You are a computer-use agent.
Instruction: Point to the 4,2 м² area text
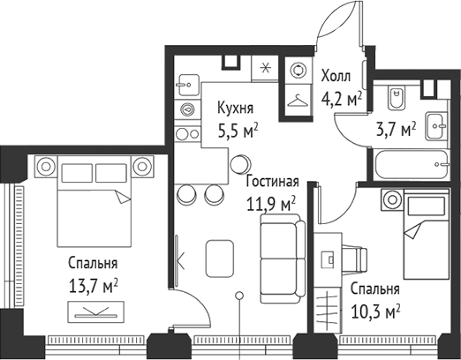(x=342, y=99)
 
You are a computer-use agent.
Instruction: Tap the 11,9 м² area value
(x=269, y=205)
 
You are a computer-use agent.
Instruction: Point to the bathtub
(x=410, y=164)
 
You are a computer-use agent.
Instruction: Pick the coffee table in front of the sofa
(x=221, y=257)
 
